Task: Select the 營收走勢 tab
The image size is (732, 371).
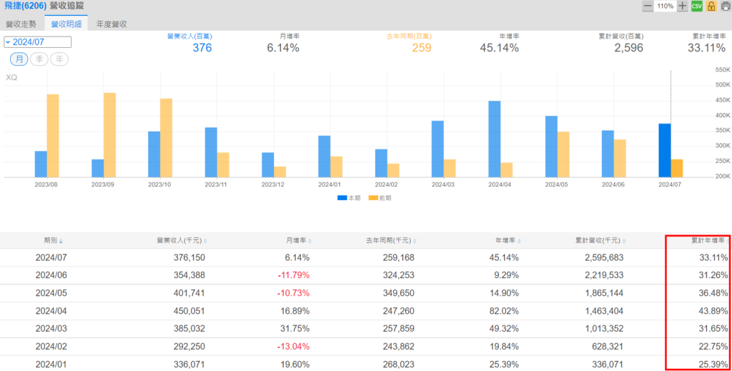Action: coord(21,24)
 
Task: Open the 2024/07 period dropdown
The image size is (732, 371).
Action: coord(37,42)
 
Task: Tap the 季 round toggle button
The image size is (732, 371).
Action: coord(39,59)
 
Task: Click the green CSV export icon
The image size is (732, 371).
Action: coord(697,6)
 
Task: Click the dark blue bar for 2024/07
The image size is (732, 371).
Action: coord(665,150)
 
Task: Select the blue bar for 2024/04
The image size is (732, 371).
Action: coord(495,139)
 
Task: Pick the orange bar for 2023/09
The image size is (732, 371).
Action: coord(109,134)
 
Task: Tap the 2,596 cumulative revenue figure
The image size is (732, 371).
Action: coord(628,48)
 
